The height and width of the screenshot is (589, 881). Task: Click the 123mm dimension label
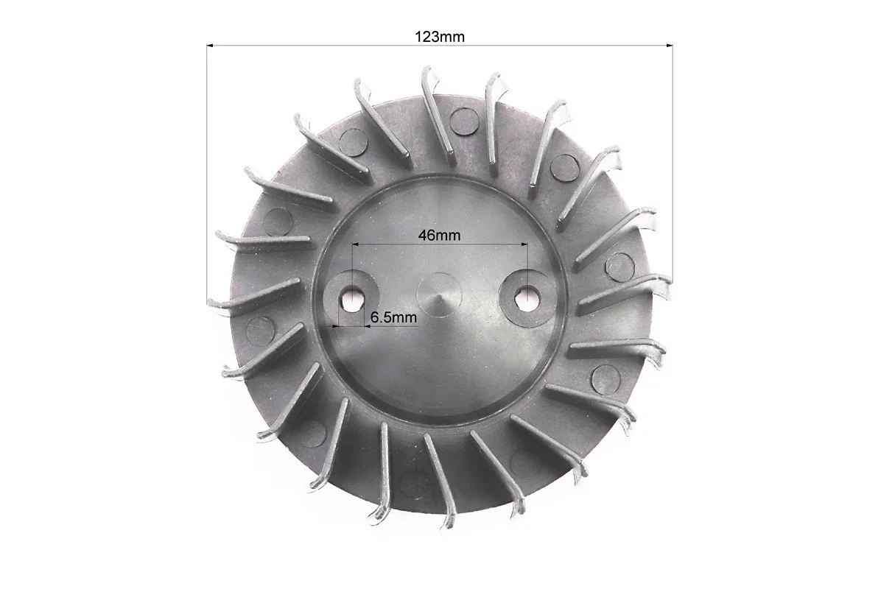[x=440, y=37]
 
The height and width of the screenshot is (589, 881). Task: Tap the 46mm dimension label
[x=439, y=235]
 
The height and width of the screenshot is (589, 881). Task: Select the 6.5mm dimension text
[x=393, y=317]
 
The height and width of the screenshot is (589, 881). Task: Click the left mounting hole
[x=352, y=297]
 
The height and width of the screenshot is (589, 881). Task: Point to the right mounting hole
[x=526, y=294]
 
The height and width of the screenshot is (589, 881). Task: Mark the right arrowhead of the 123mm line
[x=669, y=46]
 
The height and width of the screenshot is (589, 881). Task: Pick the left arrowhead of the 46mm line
[x=355, y=244]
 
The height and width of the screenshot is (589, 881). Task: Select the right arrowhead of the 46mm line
[x=524, y=244]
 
